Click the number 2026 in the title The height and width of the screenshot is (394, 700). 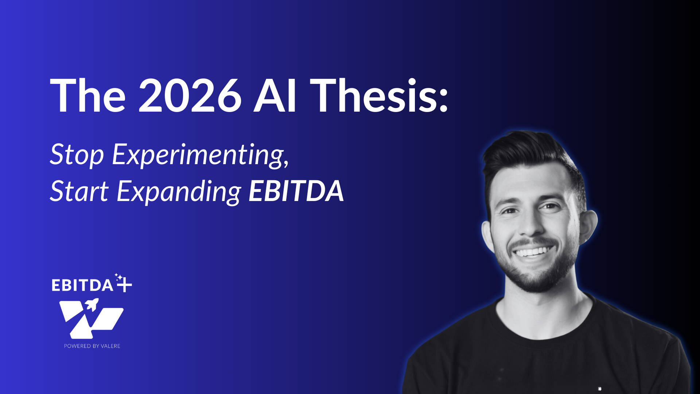[190, 96]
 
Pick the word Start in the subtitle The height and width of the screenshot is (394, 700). [79, 191]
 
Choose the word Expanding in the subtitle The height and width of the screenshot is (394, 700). [179, 192]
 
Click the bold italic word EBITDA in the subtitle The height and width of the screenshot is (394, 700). [296, 191]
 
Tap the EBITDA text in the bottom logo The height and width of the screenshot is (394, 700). [82, 285]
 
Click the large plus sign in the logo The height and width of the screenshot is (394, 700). [124, 285]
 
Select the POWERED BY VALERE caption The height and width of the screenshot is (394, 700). [92, 346]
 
